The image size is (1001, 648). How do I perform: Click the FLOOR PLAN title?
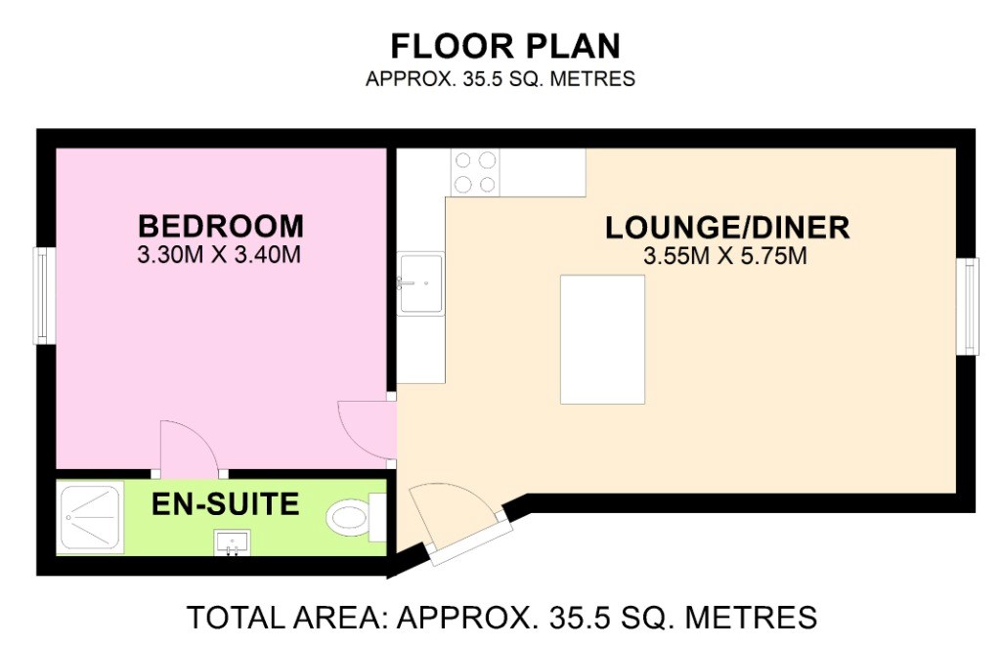(505, 47)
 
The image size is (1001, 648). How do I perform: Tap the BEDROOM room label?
(221, 227)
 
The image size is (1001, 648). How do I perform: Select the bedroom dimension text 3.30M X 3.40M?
(219, 255)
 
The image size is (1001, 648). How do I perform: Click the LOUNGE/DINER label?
(727, 228)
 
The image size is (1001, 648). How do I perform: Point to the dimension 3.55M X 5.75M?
(725, 257)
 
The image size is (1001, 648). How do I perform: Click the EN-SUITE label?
(226, 504)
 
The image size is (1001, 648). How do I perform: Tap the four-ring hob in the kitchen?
(475, 172)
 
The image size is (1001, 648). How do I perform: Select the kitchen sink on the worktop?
(420, 283)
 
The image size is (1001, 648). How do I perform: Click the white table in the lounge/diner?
(602, 340)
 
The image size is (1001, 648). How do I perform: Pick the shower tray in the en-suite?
(90, 518)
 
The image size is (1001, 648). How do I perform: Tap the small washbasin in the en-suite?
(233, 542)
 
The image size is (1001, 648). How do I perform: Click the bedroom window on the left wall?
(43, 295)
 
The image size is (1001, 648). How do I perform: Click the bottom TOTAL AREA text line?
(501, 618)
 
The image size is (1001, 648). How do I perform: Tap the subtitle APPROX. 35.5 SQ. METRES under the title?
(500, 79)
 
